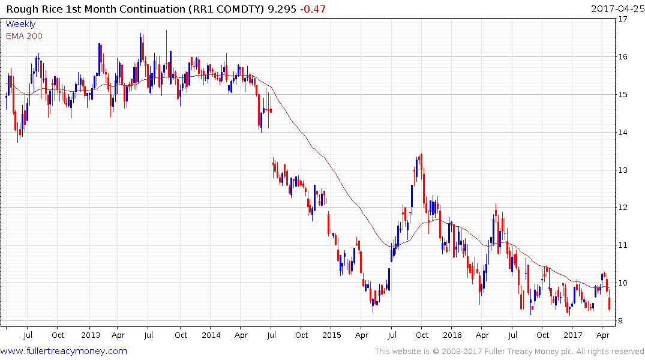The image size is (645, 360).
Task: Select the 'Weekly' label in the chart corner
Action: tap(20, 25)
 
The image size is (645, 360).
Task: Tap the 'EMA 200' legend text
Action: tap(25, 36)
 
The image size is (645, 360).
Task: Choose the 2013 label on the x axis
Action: tap(90, 335)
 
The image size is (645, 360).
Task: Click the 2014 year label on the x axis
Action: tap(211, 335)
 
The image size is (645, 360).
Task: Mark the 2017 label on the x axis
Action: tap(573, 335)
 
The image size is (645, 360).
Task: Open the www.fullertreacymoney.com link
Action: tap(64, 351)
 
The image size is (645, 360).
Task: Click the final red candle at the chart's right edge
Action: tap(610, 304)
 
